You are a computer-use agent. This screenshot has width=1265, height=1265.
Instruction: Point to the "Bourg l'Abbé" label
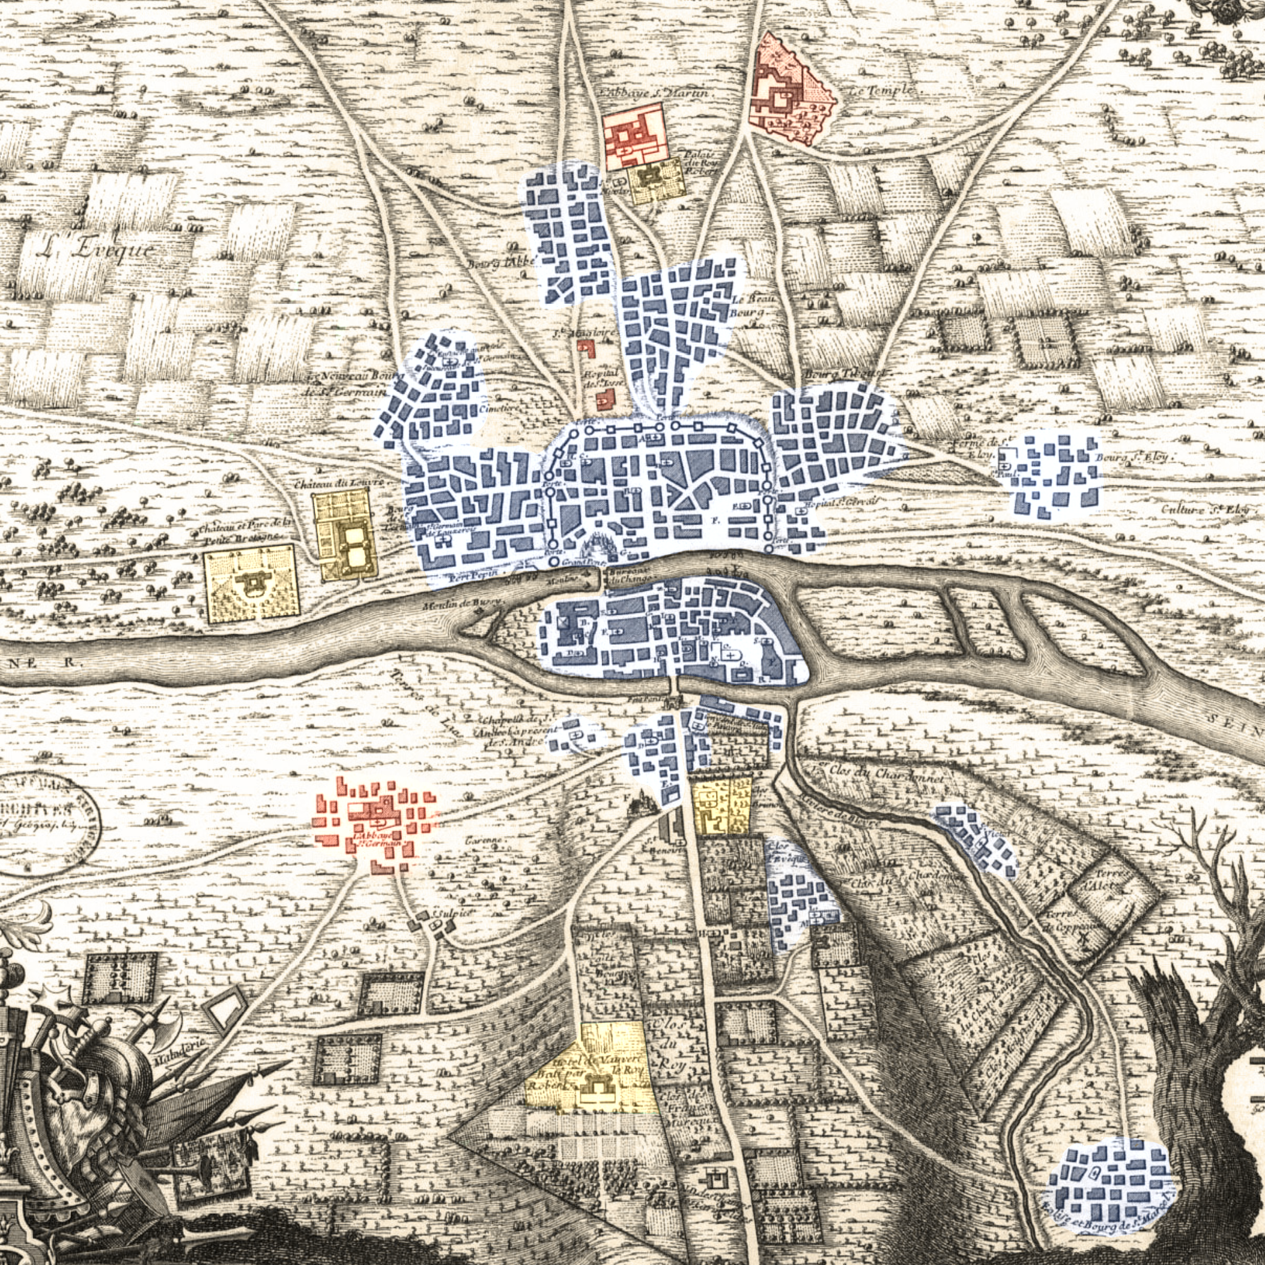point(500,263)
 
